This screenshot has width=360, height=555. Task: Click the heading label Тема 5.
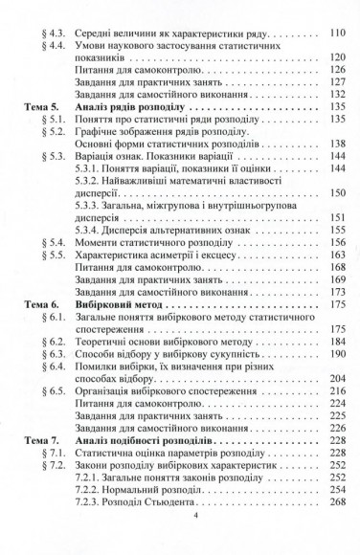[x=37, y=109]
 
